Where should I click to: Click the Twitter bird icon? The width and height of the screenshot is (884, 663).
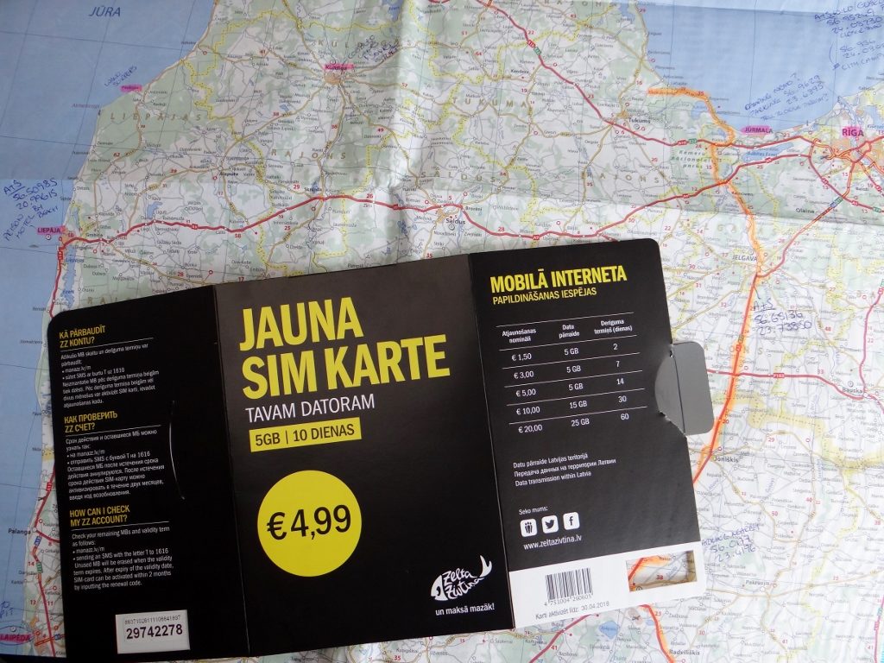[549, 521]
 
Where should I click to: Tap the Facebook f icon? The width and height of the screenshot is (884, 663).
[571, 521]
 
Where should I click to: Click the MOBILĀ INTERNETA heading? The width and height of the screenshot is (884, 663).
[558, 278]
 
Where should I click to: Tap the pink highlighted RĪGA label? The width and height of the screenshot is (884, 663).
[851, 133]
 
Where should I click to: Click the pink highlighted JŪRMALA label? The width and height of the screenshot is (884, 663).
[756, 129]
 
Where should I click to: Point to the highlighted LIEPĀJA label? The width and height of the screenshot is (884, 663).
[50, 231]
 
